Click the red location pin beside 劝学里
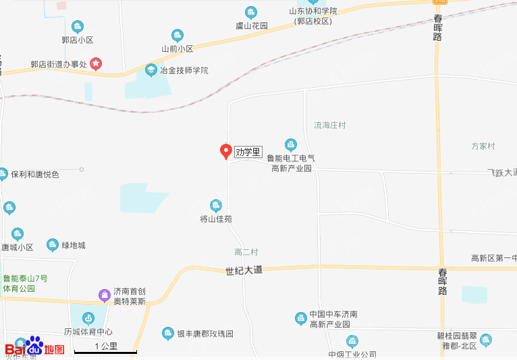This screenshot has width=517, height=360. pyautogui.click(x=226, y=151)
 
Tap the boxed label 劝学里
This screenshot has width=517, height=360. pyautogui.click(x=248, y=152)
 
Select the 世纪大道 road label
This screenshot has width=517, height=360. pyautogui.click(x=244, y=270)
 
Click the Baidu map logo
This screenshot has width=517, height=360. pyautogui.click(x=35, y=348)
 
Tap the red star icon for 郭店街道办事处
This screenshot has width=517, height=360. pyautogui.click(x=96, y=64)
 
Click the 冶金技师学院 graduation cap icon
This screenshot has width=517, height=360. pyautogui.click(x=151, y=70)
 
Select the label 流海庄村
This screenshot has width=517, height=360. pyautogui.click(x=330, y=126)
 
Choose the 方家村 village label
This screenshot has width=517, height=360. pyautogui.click(x=483, y=146)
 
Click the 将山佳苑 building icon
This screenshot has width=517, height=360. pyautogui.click(x=216, y=205)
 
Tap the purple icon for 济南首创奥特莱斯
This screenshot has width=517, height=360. pyautogui.click(x=104, y=294)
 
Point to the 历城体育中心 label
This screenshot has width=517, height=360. pyautogui.click(x=88, y=332)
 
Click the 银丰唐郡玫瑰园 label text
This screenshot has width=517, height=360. pyautogui.click(x=205, y=334)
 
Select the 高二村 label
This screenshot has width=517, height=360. pyautogui.click(x=246, y=252)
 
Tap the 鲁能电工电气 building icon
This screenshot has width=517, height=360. pyautogui.click(x=291, y=144)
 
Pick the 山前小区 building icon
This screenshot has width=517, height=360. pyautogui.click(x=177, y=35)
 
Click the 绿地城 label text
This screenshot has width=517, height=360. pyautogui.click(x=74, y=245)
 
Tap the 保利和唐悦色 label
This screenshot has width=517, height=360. pyautogui.click(x=35, y=174)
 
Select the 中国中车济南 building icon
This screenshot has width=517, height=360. pyautogui.click(x=301, y=317)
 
